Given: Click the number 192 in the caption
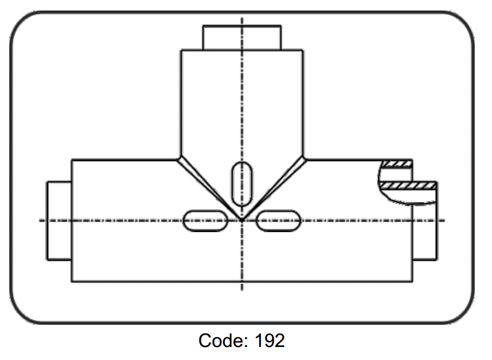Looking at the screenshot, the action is [269, 341].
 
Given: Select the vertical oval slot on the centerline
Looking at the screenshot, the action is [242, 184].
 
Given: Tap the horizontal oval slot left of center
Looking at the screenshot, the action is [205, 221].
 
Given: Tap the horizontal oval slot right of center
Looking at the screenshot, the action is [279, 221].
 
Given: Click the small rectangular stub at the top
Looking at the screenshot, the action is [242, 38].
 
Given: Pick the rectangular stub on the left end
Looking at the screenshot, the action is [59, 221].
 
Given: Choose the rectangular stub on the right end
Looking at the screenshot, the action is [425, 221].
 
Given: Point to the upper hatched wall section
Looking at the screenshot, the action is [397, 164].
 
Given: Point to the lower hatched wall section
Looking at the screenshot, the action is [407, 186].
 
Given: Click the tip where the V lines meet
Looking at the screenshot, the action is [242, 220].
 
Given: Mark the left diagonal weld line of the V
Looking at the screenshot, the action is [210, 189].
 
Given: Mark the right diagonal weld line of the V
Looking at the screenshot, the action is [274, 189].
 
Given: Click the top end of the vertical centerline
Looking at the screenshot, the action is [242, 18].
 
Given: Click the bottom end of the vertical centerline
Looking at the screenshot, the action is [242, 290].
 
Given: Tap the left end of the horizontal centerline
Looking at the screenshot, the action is [40, 221].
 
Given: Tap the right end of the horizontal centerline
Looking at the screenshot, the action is [444, 221].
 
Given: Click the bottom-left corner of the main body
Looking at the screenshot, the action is [72, 281].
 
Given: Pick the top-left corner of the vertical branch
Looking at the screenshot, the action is [181, 50].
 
